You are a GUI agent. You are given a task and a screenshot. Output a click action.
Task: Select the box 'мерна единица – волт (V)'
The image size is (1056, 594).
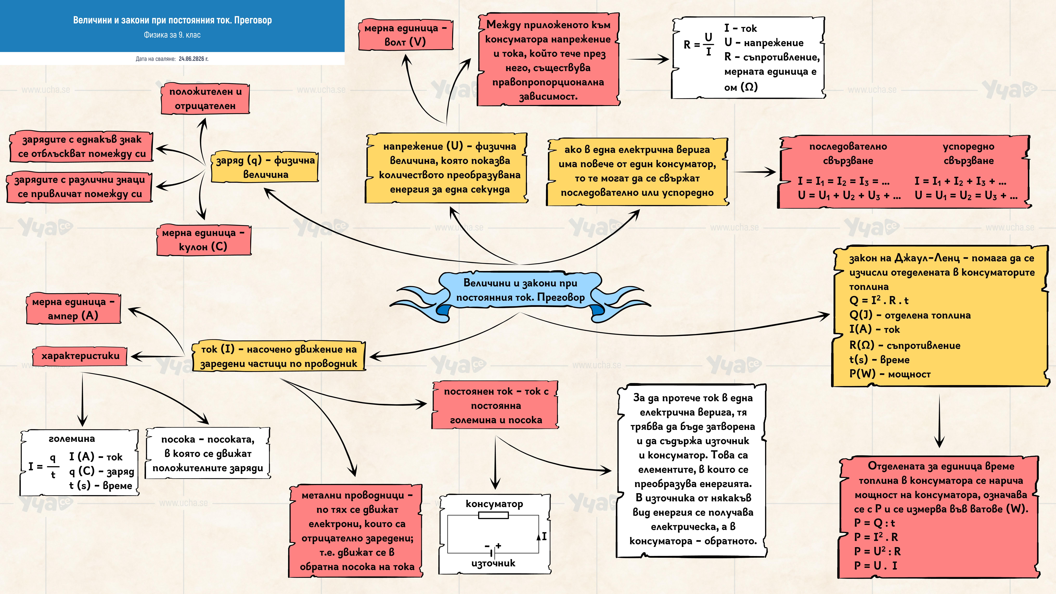point(405,35)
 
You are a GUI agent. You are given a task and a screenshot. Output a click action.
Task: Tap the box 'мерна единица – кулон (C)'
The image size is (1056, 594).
point(203,240)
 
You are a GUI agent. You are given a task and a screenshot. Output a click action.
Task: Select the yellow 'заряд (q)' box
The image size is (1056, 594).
point(265,167)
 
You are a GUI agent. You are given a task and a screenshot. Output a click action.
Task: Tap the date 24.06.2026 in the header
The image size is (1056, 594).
point(194,59)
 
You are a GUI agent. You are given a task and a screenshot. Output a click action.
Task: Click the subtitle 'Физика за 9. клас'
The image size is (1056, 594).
point(172,35)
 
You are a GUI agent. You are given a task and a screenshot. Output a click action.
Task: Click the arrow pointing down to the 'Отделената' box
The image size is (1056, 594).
point(939,421)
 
